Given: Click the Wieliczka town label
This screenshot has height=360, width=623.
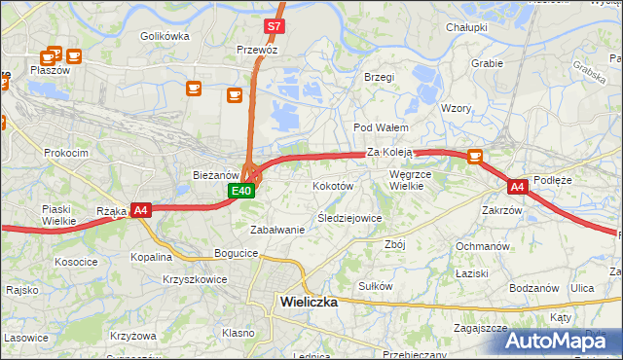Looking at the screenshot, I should (308, 302).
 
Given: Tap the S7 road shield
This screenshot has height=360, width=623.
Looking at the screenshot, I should (275, 26).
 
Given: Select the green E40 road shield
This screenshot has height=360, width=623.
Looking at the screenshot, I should (242, 192).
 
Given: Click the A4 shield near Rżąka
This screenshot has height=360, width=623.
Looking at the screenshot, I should (140, 209).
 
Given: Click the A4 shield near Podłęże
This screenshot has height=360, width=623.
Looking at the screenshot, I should (517, 186).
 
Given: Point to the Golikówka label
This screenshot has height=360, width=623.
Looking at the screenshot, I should (164, 36).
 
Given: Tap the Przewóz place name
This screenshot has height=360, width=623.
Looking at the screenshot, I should (258, 49).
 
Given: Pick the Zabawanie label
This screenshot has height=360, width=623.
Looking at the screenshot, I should (278, 230).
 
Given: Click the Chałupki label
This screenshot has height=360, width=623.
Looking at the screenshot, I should (466, 27).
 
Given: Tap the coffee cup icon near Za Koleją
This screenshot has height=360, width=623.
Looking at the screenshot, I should (475, 156).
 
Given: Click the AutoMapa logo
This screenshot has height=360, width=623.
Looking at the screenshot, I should (564, 340).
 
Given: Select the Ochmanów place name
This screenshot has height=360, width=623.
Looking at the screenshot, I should (484, 246).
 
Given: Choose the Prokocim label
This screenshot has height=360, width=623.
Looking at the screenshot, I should (66, 153).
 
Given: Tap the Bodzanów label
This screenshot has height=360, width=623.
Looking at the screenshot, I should (535, 288).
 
